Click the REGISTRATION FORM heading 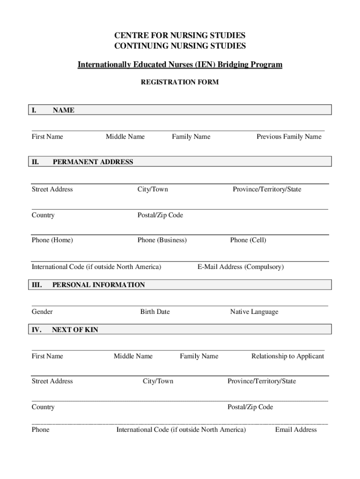180,82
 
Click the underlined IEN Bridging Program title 180,65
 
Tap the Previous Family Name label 289,137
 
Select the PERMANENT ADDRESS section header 93,162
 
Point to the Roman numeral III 37,284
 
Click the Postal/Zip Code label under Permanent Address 160,215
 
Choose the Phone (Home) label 52,240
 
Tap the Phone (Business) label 162,240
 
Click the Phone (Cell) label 248,240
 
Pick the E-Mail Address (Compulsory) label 240,267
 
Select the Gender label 42,312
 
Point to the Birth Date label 155,312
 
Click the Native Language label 254,312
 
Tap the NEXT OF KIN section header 75,330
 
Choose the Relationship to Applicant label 288,356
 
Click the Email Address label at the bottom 295,429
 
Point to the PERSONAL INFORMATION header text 98,284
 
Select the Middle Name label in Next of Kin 133,356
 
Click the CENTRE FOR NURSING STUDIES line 180,36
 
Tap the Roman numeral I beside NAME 34,110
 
